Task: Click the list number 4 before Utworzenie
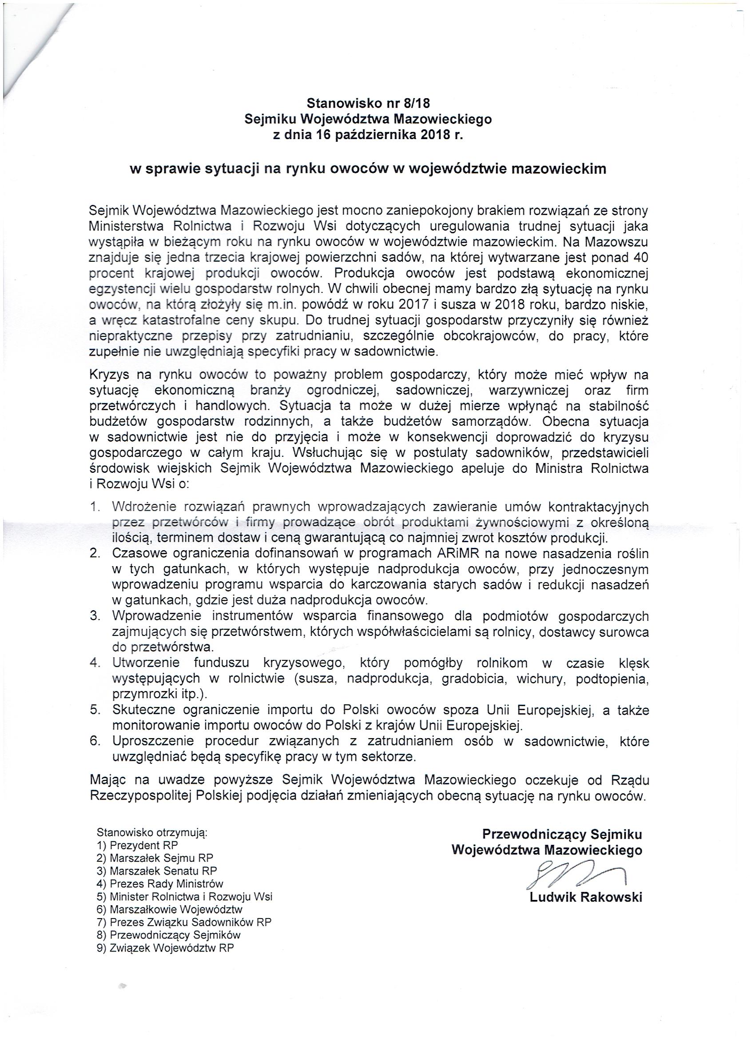click(95, 663)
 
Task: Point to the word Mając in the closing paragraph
click(108, 779)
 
